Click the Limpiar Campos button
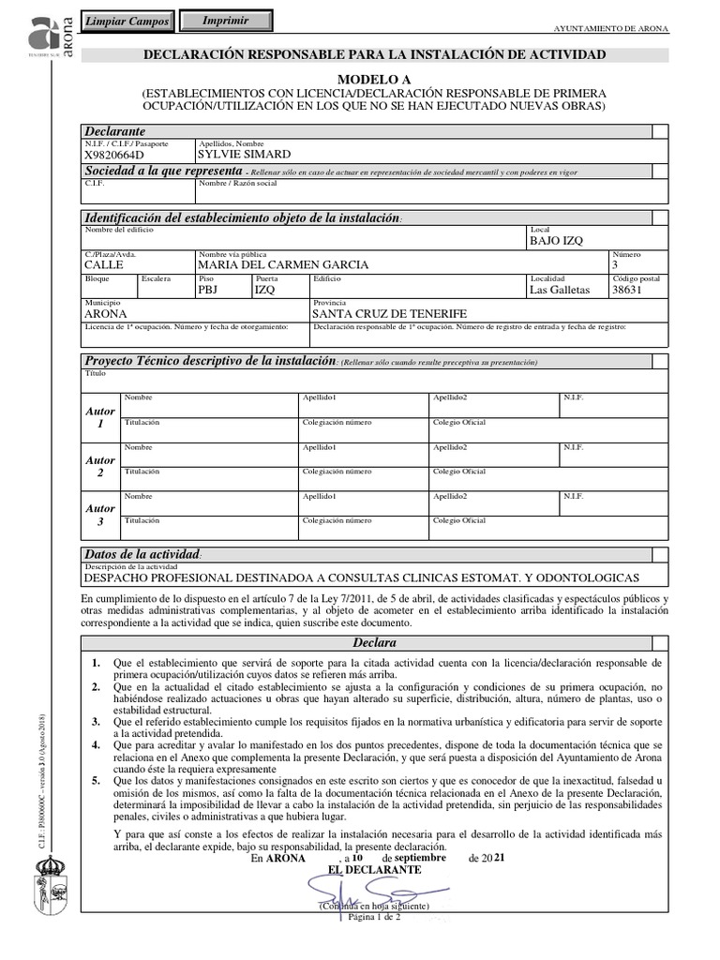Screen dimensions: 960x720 [x=127, y=22]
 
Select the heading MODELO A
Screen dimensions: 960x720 [x=374, y=81]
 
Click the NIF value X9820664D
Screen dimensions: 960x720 [x=115, y=155]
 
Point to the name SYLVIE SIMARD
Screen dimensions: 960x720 [x=245, y=154]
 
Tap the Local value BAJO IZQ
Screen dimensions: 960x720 [x=556, y=240]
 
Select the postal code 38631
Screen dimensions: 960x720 [x=627, y=290]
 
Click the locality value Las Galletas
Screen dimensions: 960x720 [x=560, y=290]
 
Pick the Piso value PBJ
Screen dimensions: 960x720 [x=208, y=290]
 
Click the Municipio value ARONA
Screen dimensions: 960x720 [x=105, y=314]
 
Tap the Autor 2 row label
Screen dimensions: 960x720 [x=100, y=466]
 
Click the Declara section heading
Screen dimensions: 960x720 [x=374, y=643]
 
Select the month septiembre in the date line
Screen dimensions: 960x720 [x=421, y=857]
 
